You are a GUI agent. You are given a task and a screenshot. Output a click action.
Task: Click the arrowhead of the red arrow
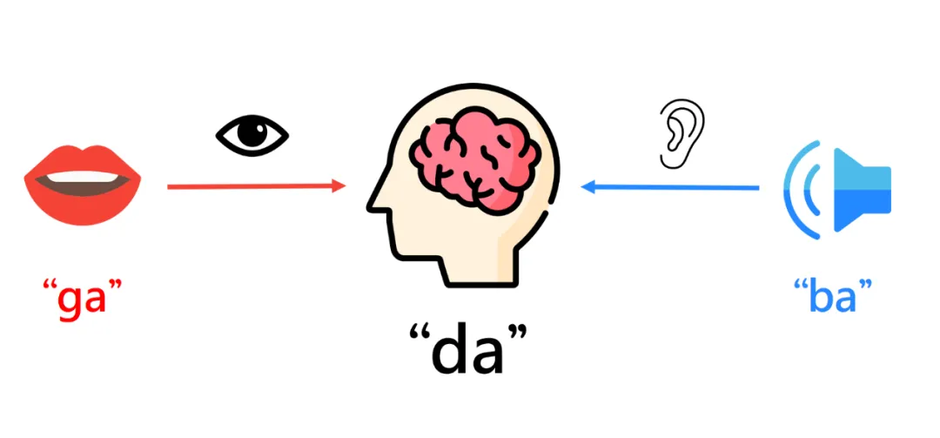pyautogui.click(x=339, y=185)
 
